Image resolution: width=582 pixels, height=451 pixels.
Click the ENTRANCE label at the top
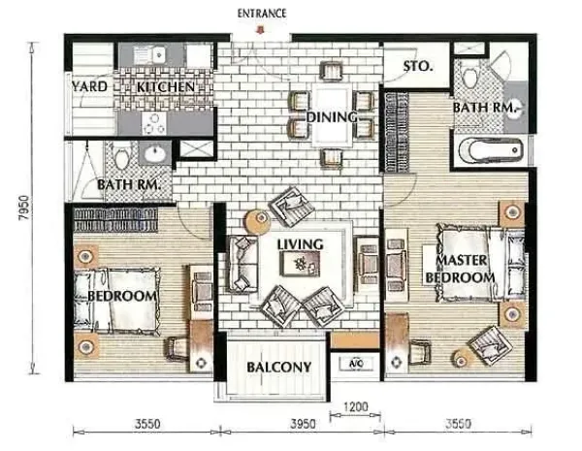[x=262, y=14]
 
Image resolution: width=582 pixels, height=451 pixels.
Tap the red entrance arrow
[x=261, y=30]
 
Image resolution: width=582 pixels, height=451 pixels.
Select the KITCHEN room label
[x=166, y=87]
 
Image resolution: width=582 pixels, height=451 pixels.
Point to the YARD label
[x=89, y=86]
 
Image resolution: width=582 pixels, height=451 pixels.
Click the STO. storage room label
[x=418, y=67]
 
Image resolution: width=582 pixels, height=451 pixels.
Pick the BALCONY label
[x=279, y=368]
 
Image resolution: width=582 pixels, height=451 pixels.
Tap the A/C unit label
[x=356, y=364]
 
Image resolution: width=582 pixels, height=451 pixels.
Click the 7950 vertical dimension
[x=23, y=208]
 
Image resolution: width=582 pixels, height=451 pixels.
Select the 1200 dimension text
[x=356, y=406]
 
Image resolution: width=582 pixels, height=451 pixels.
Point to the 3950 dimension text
[x=303, y=424]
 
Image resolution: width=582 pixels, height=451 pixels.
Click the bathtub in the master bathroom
[x=491, y=150]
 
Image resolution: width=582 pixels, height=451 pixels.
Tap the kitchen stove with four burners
[x=154, y=123]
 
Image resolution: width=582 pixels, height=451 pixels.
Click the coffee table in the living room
[x=300, y=263]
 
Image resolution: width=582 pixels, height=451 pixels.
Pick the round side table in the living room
[x=258, y=221]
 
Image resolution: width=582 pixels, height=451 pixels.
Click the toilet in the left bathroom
[x=122, y=157]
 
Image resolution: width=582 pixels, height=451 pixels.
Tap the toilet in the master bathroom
[x=469, y=76]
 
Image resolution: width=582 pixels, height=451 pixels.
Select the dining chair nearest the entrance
[x=331, y=70]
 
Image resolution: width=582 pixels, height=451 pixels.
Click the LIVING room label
[x=301, y=244]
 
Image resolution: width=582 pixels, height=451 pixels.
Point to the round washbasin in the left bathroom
[x=155, y=153]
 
